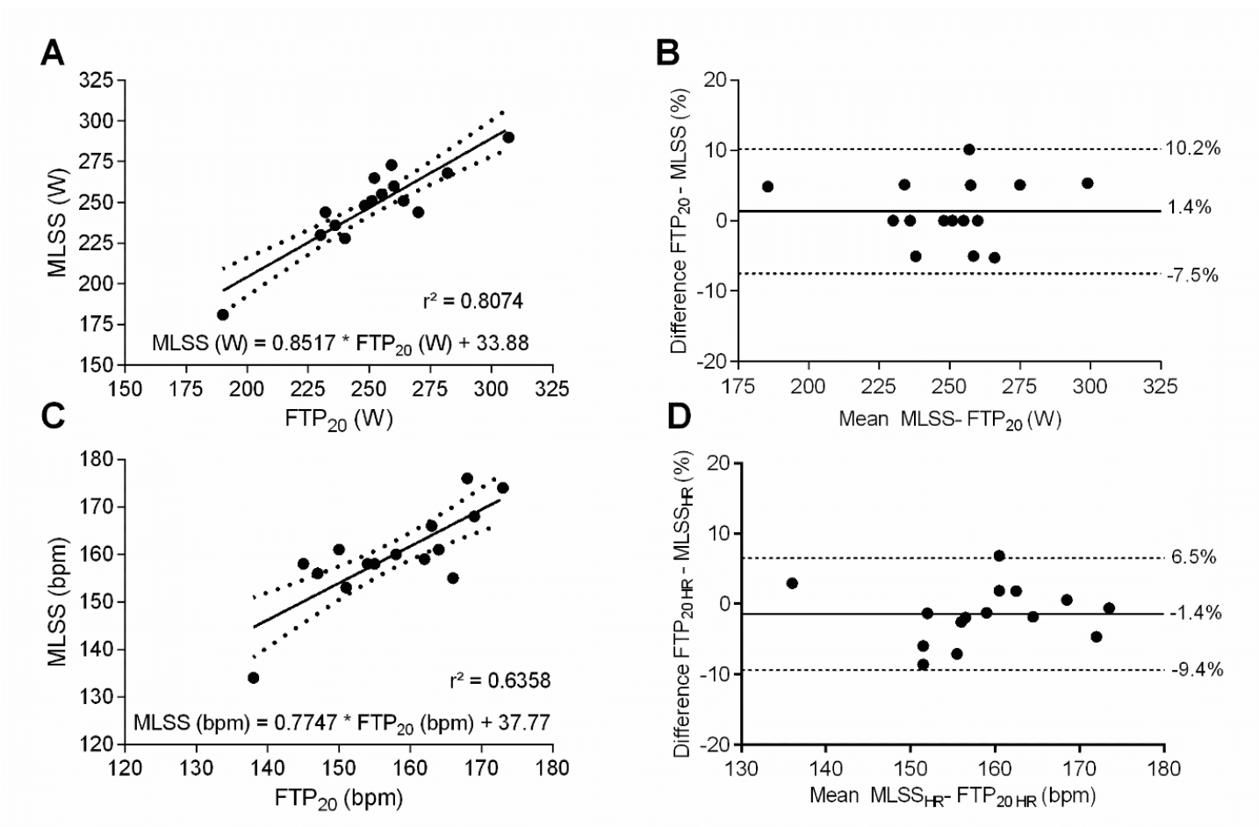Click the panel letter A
[53, 54]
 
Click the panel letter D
[679, 417]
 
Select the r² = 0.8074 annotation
[472, 301]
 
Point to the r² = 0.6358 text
[500, 680]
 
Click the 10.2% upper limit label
[1192, 148]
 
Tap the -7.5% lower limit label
[1192, 276]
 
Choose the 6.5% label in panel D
[1193, 557]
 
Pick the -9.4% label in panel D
[1197, 670]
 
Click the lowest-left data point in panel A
[223, 314]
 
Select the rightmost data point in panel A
[508, 137]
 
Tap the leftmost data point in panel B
[767, 186]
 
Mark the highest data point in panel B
[969, 149]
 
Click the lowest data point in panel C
[253, 678]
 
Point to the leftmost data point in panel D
[792, 583]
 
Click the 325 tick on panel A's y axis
[97, 81]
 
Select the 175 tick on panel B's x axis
[738, 386]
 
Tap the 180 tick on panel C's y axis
[97, 459]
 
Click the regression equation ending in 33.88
[340, 343]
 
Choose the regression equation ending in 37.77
[342, 723]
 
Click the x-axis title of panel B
[949, 420]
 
